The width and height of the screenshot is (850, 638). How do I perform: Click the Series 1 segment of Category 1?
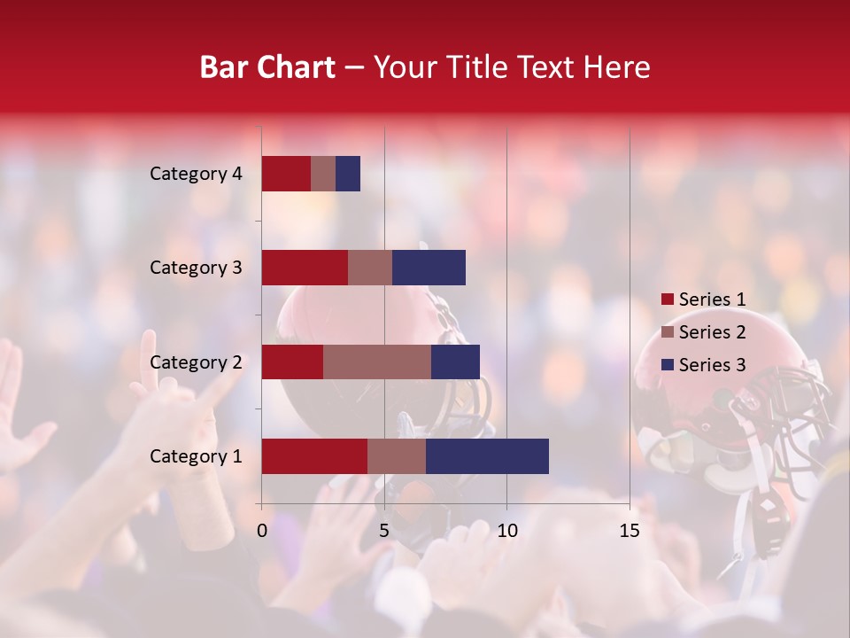[314, 456]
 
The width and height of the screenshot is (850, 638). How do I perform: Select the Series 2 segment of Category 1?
[397, 456]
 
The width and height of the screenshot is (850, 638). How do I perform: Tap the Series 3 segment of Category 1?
[487, 456]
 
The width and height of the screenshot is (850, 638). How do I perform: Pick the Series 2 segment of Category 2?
[377, 362]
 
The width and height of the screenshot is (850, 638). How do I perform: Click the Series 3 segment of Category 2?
[455, 362]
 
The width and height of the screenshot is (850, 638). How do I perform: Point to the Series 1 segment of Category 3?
[305, 268]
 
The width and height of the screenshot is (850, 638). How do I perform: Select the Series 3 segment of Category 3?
[429, 268]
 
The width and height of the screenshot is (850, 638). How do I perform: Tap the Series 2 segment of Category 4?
[323, 174]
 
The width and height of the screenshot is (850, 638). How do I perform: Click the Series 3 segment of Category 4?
[348, 174]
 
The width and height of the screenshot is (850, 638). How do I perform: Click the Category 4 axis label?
[196, 174]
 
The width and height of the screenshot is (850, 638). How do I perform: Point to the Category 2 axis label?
[196, 362]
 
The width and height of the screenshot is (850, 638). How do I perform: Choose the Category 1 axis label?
[196, 456]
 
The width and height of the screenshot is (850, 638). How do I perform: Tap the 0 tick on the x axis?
[262, 531]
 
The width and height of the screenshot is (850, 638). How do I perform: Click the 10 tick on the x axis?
[506, 531]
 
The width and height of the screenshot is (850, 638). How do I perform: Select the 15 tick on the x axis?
[630, 531]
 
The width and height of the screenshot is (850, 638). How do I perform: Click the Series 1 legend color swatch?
[667, 300]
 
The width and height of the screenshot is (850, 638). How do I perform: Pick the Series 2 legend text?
[712, 332]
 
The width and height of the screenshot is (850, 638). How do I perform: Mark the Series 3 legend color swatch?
[667, 365]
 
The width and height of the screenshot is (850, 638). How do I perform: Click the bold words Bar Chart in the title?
[267, 67]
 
